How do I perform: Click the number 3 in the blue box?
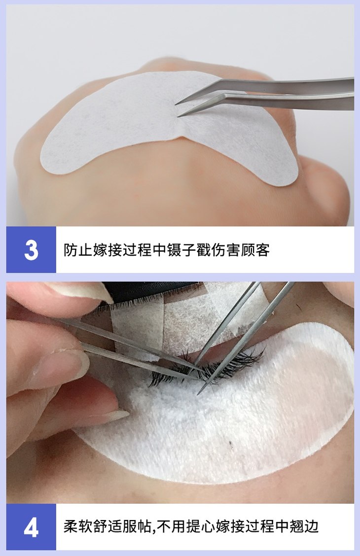pos(31,250)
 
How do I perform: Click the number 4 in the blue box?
pos(31,528)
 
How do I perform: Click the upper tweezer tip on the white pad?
pos(176,104)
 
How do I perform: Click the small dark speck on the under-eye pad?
pos(231,444)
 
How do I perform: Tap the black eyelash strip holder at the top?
pos(152,291)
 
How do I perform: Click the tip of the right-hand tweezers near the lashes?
pos(199,393)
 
